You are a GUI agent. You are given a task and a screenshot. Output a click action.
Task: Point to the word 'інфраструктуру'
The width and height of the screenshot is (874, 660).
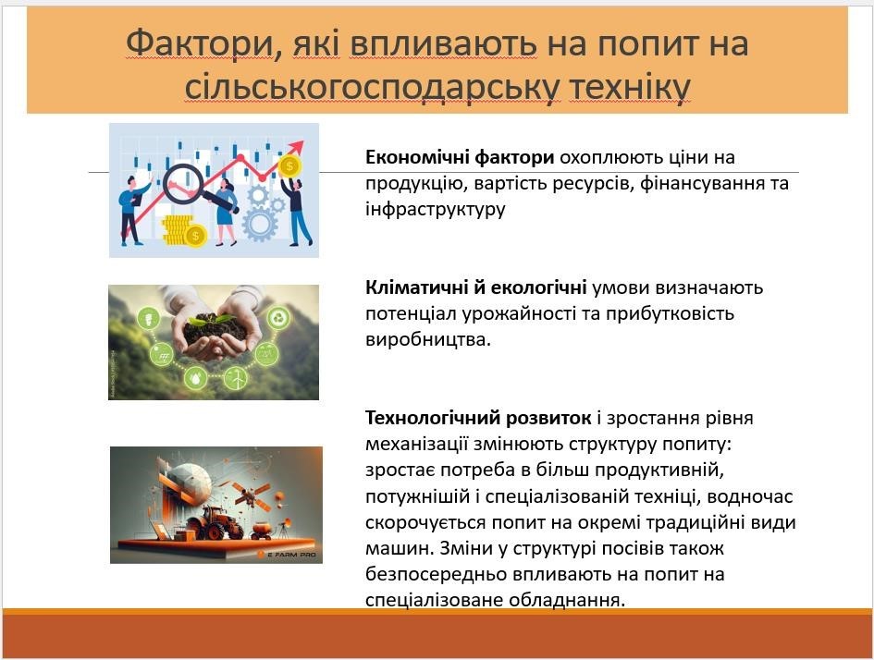pos(436,209)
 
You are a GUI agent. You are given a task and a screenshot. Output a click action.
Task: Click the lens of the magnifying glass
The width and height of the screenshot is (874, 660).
pos(184,183)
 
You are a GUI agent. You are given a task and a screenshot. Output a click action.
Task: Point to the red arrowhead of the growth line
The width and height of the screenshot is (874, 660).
pos(296,148)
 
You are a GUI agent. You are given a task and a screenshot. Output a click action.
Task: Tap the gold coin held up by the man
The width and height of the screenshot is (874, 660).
pos(289,166)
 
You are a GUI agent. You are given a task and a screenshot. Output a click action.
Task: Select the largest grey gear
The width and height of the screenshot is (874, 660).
pos(259,224)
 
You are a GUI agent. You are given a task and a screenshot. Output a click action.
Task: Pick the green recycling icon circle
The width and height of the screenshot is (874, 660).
pos(278,319)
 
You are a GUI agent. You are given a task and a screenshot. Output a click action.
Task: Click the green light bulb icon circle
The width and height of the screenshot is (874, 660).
pos(149,320)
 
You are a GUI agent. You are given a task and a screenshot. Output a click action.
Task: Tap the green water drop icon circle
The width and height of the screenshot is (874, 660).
pos(195,379)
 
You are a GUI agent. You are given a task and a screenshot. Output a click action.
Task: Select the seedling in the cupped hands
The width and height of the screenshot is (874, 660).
pos(211,319)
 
